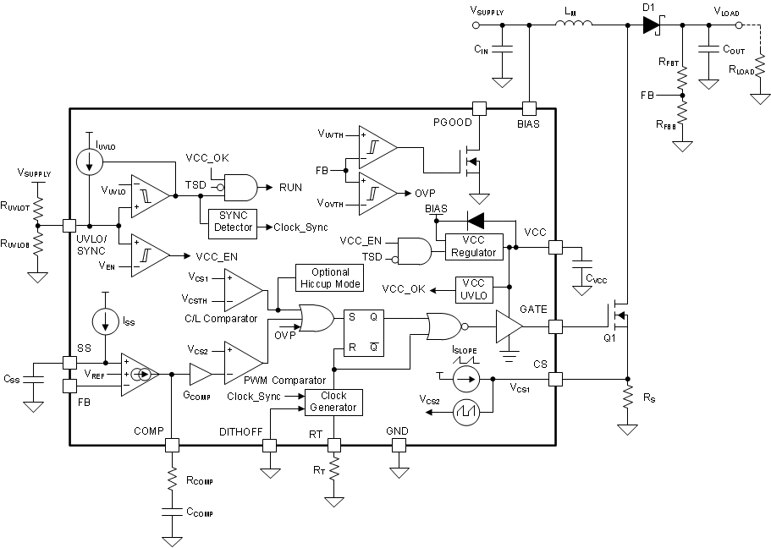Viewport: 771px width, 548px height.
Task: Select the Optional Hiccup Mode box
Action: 329,277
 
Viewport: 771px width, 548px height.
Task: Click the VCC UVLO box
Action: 473,289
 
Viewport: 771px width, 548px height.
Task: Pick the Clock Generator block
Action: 333,402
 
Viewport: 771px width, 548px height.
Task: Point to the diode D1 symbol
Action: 651,25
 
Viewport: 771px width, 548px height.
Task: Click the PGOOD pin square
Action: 479,108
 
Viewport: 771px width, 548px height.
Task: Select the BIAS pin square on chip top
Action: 529,108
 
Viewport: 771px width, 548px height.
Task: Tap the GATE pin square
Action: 555,326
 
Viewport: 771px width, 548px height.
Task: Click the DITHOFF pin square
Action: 270,445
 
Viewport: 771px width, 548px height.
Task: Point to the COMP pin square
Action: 172,445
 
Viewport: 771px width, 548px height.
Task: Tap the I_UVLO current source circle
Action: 89,161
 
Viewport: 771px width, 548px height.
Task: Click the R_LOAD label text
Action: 741,70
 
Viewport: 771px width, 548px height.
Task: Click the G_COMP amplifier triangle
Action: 201,373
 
